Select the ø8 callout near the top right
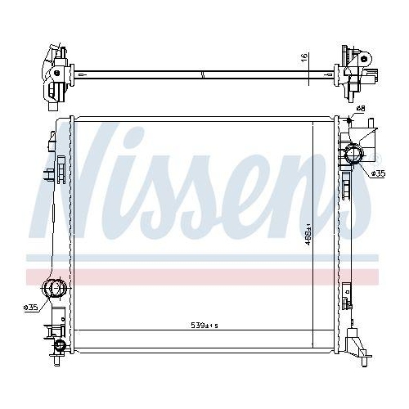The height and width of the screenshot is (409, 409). [362, 109]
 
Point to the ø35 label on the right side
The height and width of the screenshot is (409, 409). [378, 173]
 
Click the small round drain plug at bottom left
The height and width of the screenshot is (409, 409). [58, 347]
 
